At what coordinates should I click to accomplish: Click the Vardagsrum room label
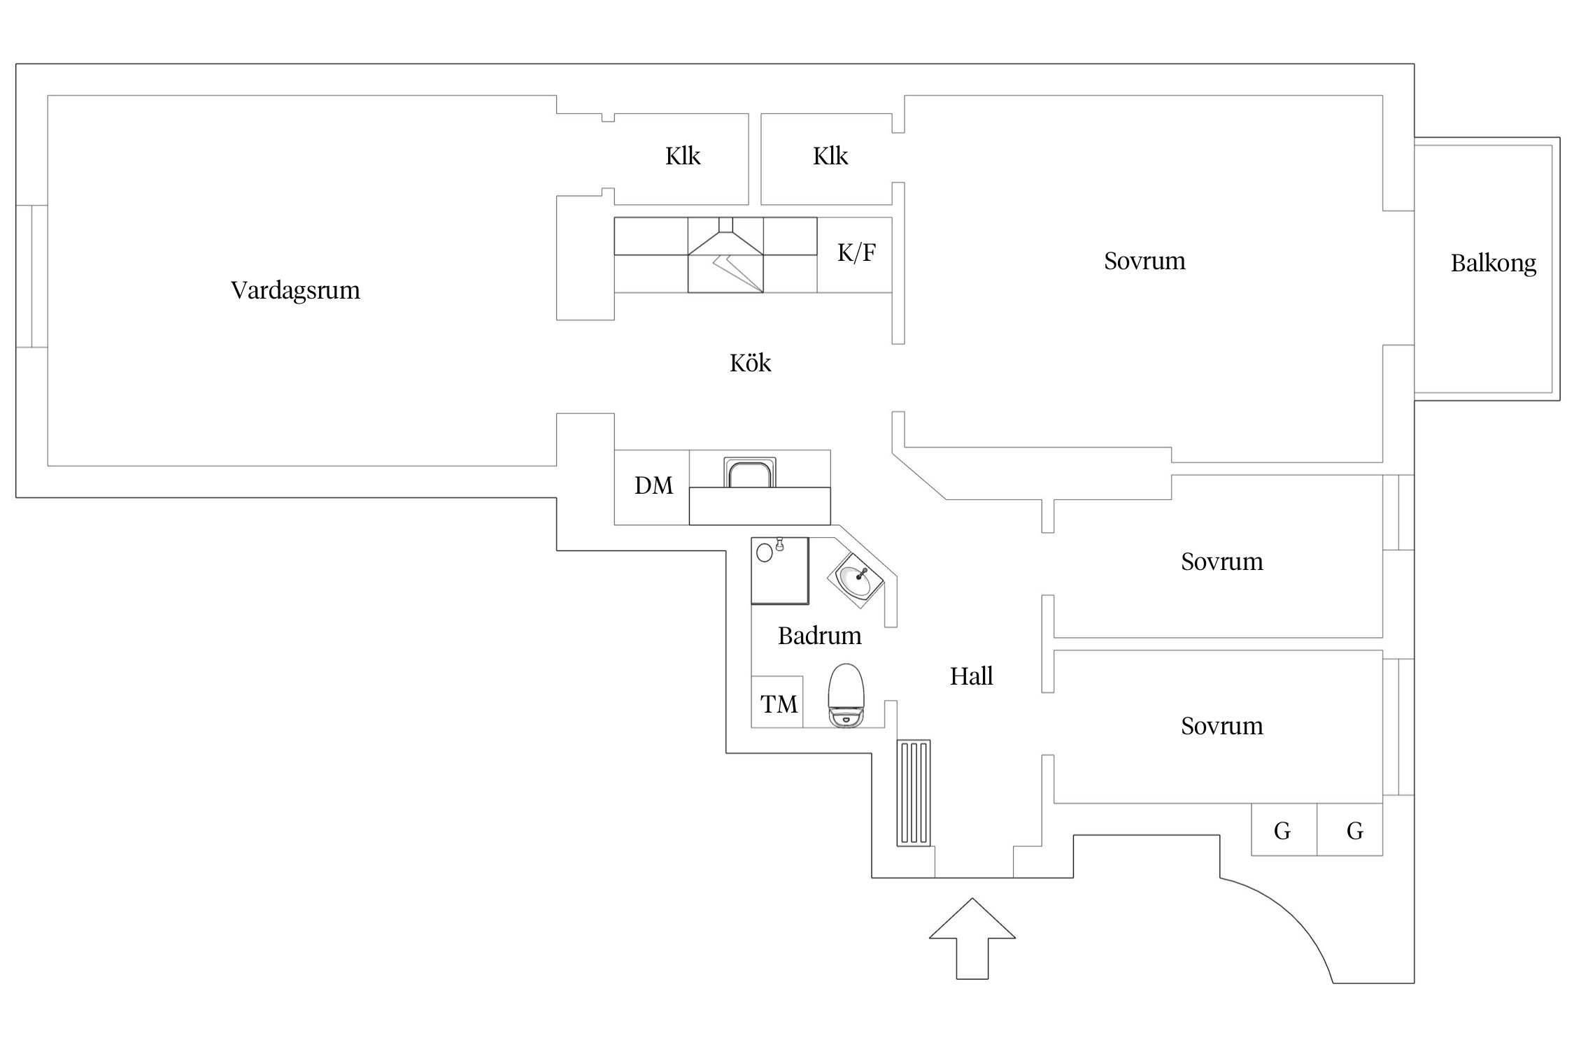tap(295, 290)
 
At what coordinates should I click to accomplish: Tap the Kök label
tap(750, 363)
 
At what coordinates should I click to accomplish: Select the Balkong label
tap(1493, 264)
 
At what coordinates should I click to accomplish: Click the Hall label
tap(971, 676)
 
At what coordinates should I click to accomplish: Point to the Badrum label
tap(819, 636)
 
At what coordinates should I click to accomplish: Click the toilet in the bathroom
tap(846, 695)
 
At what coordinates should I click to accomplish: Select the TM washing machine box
tap(777, 702)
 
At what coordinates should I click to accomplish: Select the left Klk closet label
tap(683, 156)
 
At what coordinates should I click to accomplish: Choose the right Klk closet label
tap(830, 156)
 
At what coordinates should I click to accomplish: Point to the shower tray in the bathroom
tap(780, 571)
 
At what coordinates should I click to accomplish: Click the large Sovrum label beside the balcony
tap(1144, 262)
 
